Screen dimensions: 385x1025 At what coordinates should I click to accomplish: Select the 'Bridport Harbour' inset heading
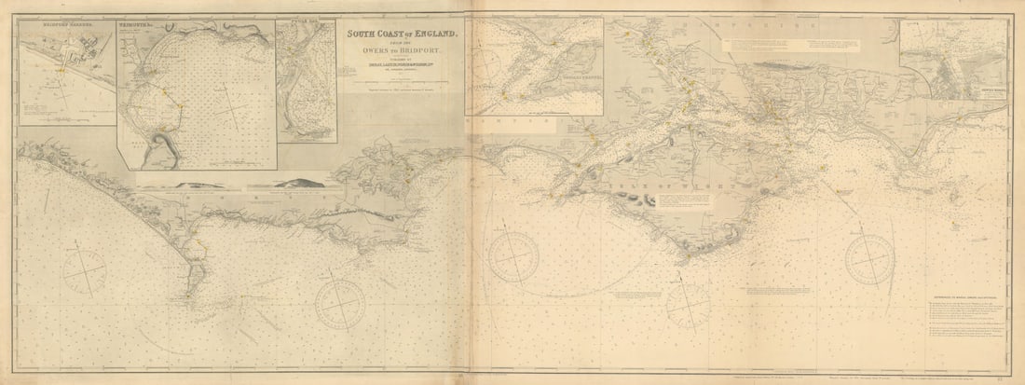click(46, 26)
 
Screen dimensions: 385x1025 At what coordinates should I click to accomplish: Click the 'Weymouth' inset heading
click(140, 27)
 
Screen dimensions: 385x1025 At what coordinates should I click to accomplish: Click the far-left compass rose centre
click(85, 271)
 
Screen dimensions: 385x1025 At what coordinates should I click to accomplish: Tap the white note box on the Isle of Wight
click(677, 199)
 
